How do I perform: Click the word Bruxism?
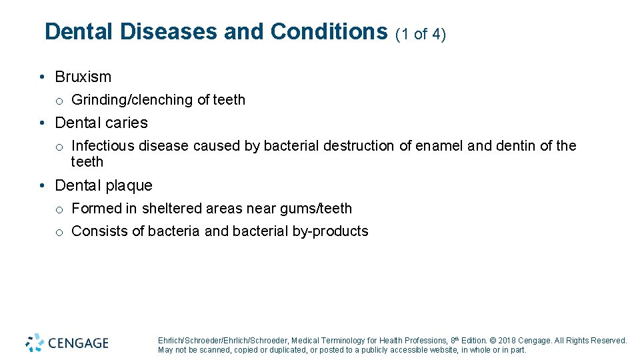pos(83,77)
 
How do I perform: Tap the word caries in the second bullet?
pos(126,123)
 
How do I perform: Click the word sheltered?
pos(173,209)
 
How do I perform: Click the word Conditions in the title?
pos(329,31)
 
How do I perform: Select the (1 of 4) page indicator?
pos(420,34)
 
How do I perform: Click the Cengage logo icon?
pos(35,343)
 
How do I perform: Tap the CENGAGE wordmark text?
pos(77,343)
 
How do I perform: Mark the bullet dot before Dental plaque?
pos(42,185)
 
